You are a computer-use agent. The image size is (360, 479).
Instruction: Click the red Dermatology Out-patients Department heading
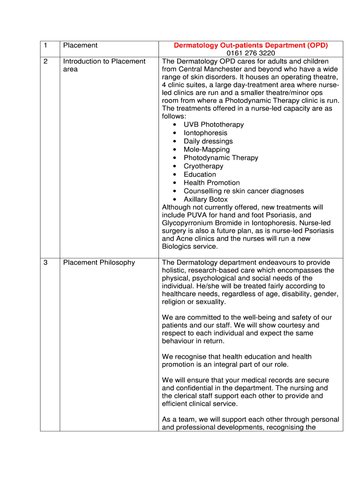click(x=251, y=45)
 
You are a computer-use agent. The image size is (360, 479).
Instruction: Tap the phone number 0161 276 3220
click(x=251, y=53)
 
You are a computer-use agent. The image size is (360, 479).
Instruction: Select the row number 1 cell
click(x=45, y=45)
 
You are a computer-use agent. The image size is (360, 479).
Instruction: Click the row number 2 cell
click(x=45, y=61)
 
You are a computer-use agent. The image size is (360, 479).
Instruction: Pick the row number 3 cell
click(x=45, y=262)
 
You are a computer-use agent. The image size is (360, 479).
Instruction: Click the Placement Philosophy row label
click(x=99, y=262)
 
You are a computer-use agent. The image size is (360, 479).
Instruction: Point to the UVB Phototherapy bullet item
click(x=214, y=124)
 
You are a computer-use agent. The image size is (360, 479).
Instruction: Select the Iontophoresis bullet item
click(x=205, y=133)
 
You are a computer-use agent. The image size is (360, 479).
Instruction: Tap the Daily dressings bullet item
click(x=208, y=141)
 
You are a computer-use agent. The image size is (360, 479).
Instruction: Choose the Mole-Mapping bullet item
click(x=207, y=150)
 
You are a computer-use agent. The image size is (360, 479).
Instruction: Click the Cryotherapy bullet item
click(x=203, y=166)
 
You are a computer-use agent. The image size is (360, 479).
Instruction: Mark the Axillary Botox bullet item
click(x=206, y=199)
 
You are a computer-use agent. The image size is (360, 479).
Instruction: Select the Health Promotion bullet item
click(x=211, y=183)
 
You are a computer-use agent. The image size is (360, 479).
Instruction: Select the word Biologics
click(x=178, y=247)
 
